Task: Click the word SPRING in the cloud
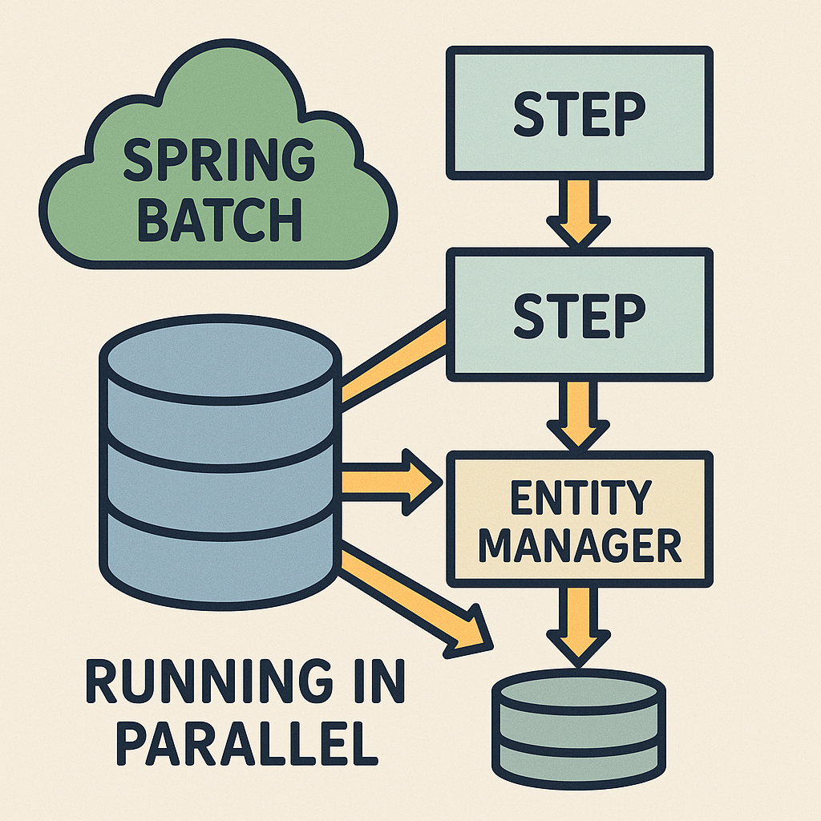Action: [x=219, y=161]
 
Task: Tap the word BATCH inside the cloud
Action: [x=219, y=216]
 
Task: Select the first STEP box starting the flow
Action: [x=579, y=113]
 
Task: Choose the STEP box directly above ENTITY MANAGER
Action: [x=579, y=314]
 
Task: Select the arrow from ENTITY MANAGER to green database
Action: [x=580, y=621]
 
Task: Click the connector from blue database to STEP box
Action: [x=393, y=361]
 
